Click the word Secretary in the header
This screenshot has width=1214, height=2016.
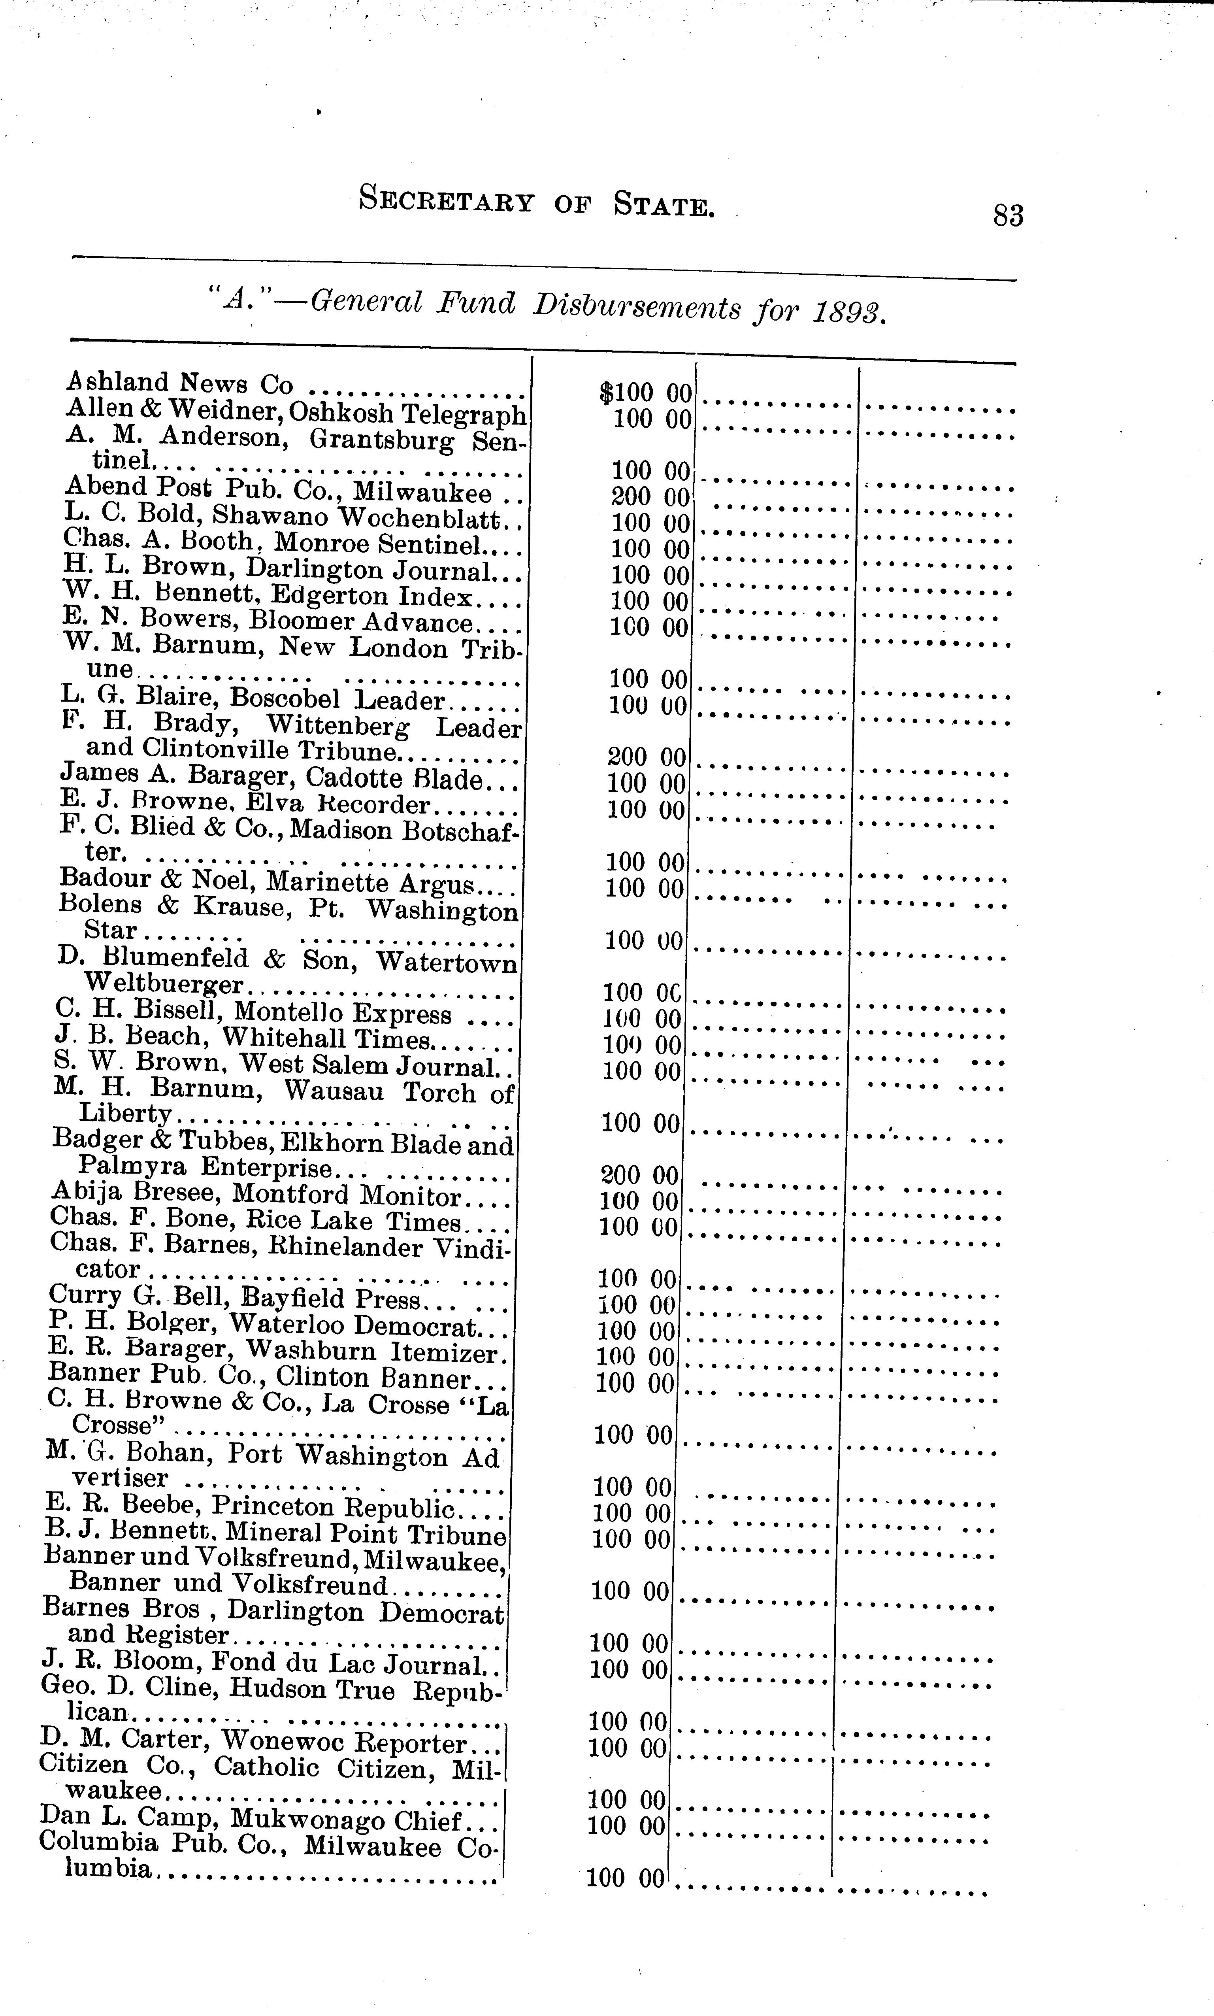point(446,200)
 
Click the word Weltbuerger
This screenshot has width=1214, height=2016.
point(164,984)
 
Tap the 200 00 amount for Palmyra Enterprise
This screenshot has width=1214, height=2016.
point(640,1176)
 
